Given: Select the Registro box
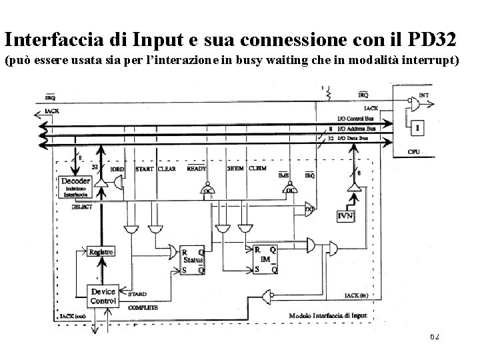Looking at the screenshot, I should coord(99,252).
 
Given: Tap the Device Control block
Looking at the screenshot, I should coord(103,296).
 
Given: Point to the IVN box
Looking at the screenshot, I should coord(345,215).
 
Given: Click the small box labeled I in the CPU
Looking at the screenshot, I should coord(417,127).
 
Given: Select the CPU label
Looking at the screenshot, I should coord(414,153).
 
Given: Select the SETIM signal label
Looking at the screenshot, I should coord(235,169).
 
